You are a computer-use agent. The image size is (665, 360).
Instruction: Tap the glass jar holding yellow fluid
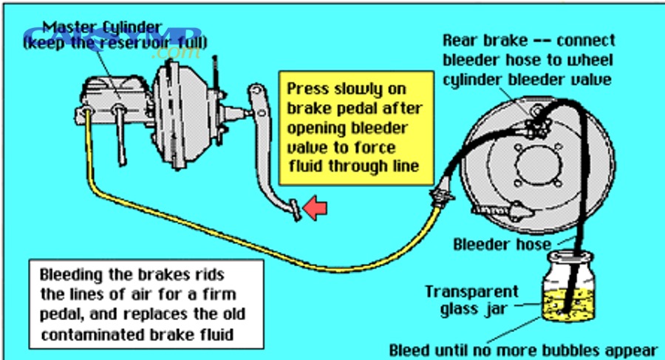point(569,289)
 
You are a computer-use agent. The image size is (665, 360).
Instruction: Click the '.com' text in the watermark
point(168,54)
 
